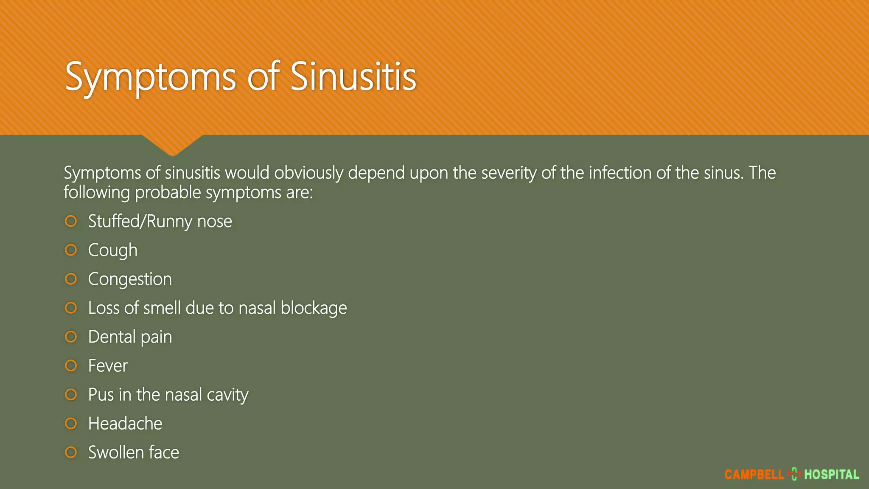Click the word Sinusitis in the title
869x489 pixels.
click(x=353, y=76)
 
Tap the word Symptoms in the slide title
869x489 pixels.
click(x=151, y=77)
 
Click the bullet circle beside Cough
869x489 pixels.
click(x=71, y=250)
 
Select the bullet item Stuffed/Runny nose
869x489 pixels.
click(x=160, y=221)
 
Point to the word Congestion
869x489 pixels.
click(x=130, y=279)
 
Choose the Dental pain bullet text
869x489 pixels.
click(x=130, y=337)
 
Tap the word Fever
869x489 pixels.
click(x=108, y=365)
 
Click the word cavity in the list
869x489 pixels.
click(x=227, y=395)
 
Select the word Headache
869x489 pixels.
click(x=125, y=423)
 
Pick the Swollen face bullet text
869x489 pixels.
click(x=134, y=452)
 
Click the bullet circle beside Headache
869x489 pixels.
click(x=71, y=423)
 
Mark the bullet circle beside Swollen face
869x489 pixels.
click(x=71, y=452)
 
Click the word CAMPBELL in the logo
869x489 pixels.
click(x=754, y=475)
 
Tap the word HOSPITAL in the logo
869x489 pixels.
click(x=832, y=475)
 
